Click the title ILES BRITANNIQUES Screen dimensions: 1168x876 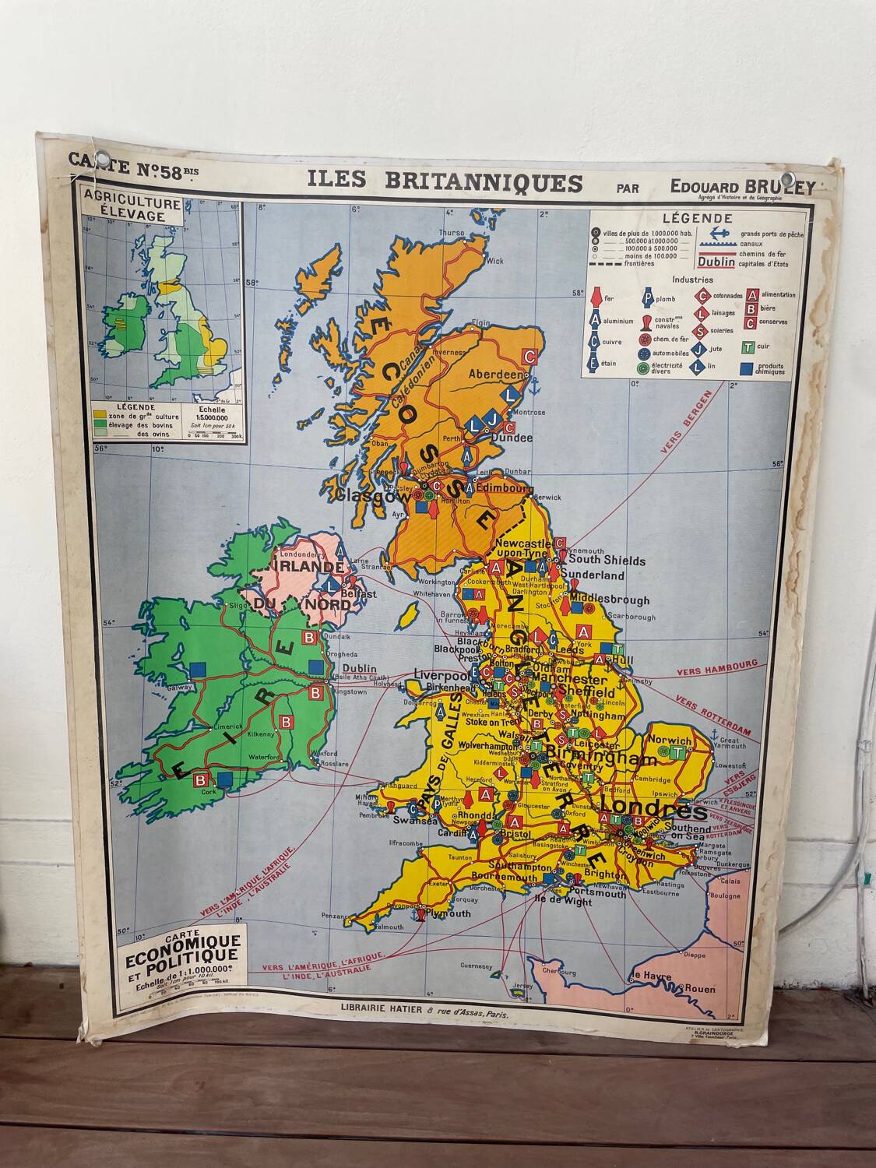(x=445, y=182)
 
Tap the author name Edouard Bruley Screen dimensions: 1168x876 (x=743, y=187)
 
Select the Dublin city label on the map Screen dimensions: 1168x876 (x=359, y=668)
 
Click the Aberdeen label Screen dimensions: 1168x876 (x=494, y=375)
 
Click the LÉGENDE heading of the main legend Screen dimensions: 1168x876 (x=697, y=219)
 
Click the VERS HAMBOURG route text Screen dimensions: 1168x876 (x=716, y=667)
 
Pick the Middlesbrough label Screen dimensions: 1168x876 (x=610, y=600)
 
